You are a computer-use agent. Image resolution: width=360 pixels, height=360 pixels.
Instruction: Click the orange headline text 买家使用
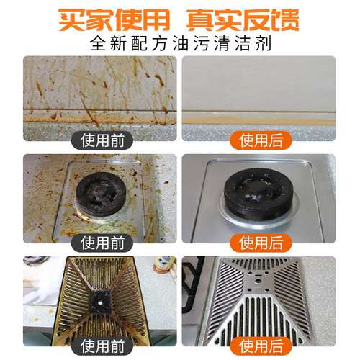[x=114, y=17]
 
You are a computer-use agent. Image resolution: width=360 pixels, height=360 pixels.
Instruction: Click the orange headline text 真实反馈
[x=248, y=17]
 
